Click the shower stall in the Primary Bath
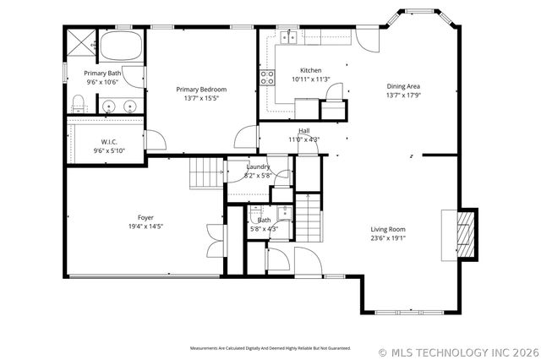tap(82, 43)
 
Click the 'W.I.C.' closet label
tap(109, 141)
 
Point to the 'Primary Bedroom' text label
tap(201, 89)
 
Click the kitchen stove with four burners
tap(268, 79)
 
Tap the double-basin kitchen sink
tap(290, 36)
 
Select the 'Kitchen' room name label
tap(310, 70)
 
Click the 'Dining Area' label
tap(403, 86)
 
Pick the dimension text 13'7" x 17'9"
tap(403, 95)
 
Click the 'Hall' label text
tap(303, 130)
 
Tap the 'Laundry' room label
tap(258, 166)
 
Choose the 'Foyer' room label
tap(145, 217)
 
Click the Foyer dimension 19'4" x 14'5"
tap(145, 226)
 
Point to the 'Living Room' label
tap(388, 229)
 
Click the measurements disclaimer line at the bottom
tap(270, 348)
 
